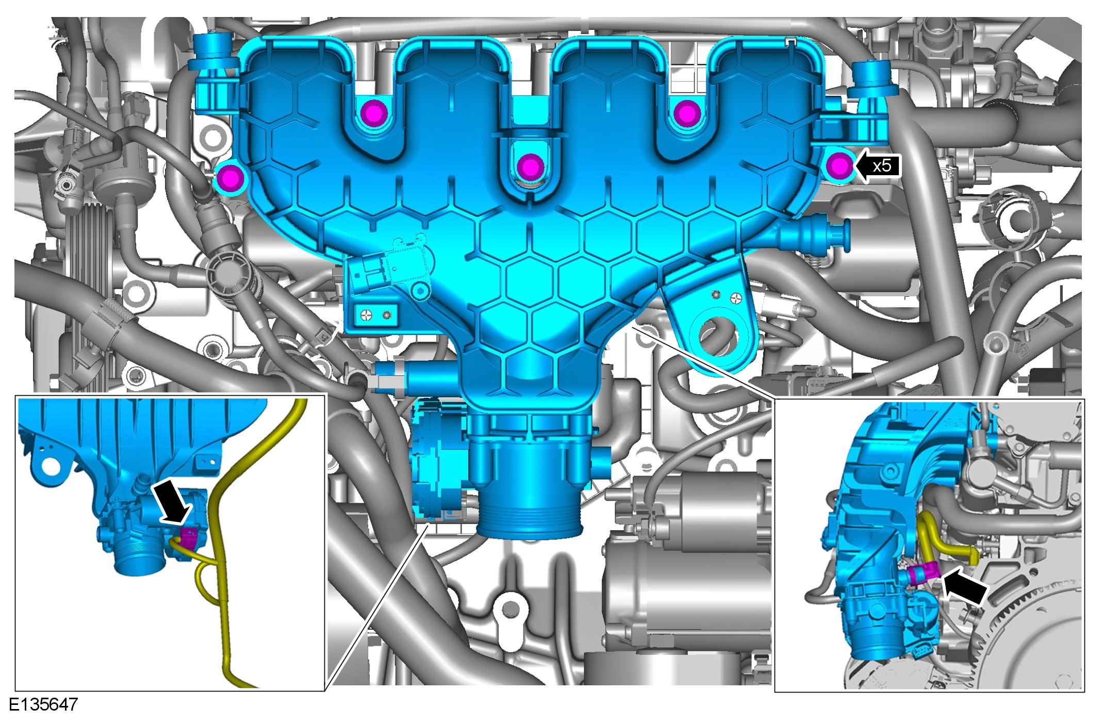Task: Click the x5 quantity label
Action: coord(882,166)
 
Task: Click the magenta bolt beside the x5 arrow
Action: coord(840,166)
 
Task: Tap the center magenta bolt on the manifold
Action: coord(529,166)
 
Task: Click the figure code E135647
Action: coord(43,704)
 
